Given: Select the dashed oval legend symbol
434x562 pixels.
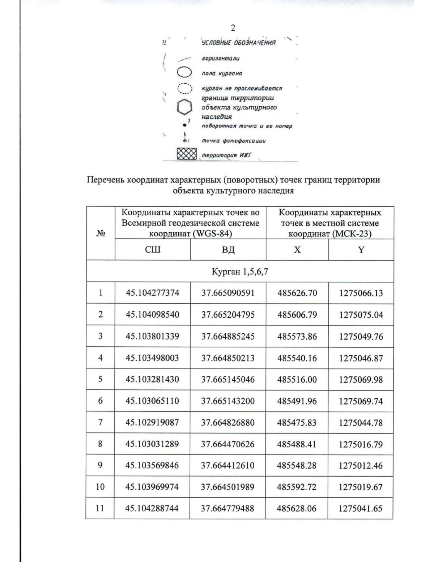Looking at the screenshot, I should pos(184,88).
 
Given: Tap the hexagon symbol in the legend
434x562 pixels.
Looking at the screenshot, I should pos(184,107).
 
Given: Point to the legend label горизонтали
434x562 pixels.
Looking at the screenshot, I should pos(221,58).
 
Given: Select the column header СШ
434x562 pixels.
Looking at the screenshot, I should pos(152,250).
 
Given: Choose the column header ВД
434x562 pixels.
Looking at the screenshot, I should pos(228,250).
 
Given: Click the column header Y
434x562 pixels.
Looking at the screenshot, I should pos(361,250).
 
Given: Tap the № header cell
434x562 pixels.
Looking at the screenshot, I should pos(101,233).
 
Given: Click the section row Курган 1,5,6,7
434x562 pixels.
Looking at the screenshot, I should pos(239,271).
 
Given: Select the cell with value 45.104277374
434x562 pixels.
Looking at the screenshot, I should pos(152,293).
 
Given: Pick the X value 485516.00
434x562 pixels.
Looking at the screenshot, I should pos(297,380).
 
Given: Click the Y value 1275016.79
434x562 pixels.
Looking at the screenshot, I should pos(361,444).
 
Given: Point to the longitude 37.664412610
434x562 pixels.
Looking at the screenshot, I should pos(228,465).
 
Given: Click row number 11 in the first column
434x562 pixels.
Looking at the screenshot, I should pos(100,508).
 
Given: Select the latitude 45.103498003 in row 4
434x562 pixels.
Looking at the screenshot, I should pos(152,358).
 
